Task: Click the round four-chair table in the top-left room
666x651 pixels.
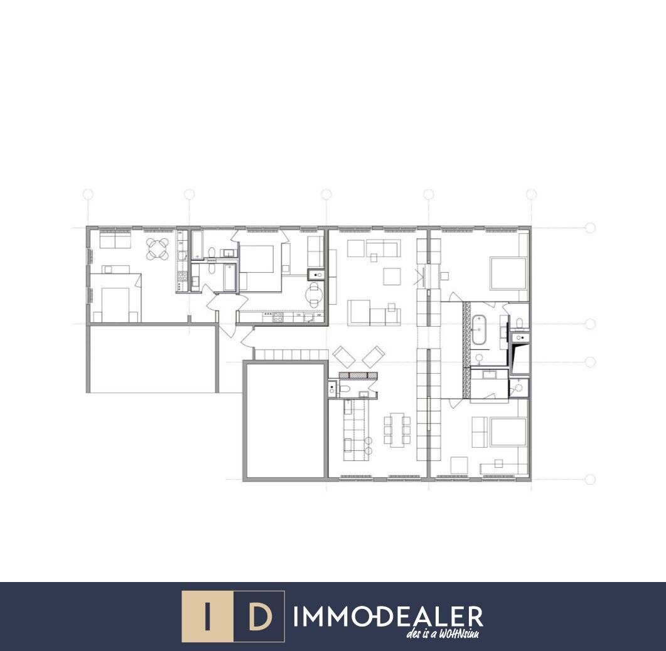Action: click(x=158, y=249)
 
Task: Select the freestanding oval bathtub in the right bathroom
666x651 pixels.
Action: click(x=479, y=329)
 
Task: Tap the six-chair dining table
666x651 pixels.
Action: click(x=397, y=430)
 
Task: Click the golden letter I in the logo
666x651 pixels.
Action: click(x=207, y=616)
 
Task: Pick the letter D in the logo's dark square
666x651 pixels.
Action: click(x=259, y=617)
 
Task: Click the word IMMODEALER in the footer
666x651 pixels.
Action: click(x=388, y=617)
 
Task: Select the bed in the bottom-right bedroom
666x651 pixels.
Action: click(x=508, y=432)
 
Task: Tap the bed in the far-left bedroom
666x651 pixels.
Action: click(x=115, y=304)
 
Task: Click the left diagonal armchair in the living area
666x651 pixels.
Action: click(x=344, y=357)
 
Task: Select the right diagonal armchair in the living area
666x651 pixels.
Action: click(x=373, y=357)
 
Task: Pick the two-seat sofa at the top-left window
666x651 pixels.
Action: click(x=115, y=241)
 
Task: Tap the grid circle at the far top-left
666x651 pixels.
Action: click(x=88, y=194)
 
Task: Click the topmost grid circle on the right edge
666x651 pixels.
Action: click(x=589, y=228)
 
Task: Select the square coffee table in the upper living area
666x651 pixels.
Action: click(x=392, y=277)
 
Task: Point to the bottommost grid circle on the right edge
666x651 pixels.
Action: click(x=589, y=480)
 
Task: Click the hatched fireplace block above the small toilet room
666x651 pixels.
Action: click(x=358, y=375)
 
